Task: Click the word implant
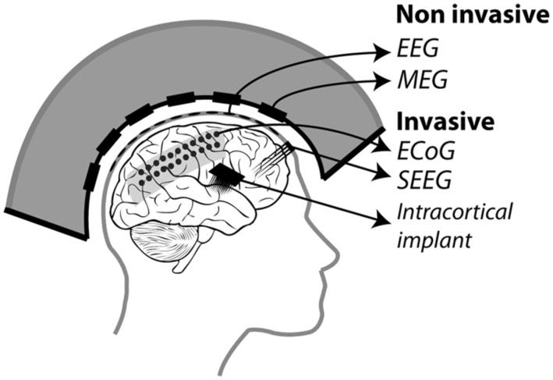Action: coord(434,237)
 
